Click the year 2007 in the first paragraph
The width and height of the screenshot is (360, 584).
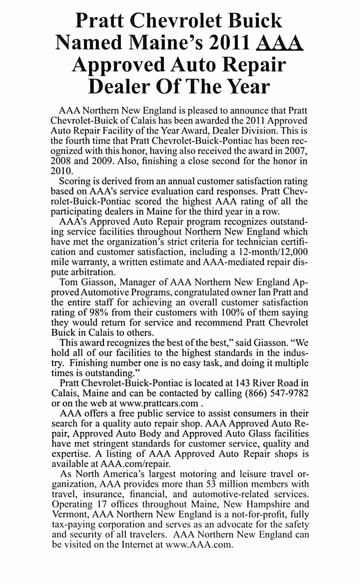(x=296, y=151)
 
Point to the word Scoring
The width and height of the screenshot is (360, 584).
(x=78, y=182)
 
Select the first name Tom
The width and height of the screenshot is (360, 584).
(x=69, y=282)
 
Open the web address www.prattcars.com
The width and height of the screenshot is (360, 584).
(x=158, y=404)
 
